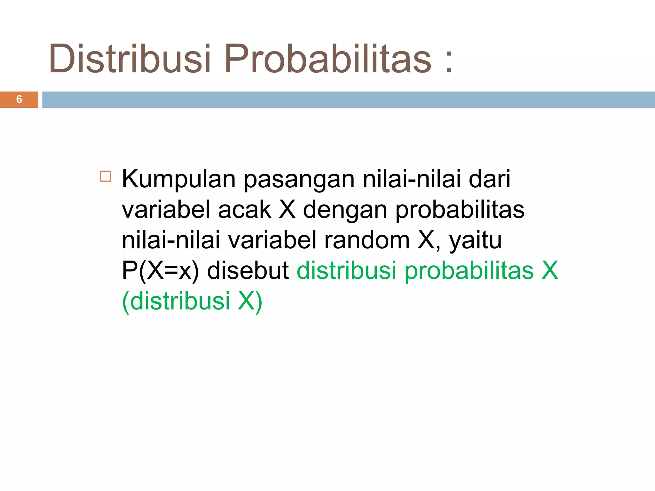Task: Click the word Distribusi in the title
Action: [130, 59]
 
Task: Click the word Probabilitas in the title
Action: [328, 59]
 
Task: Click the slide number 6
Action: [19, 99]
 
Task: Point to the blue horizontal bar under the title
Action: [349, 99]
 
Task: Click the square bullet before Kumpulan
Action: [105, 176]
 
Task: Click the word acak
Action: [245, 210]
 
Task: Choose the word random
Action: [367, 240]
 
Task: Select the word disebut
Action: [248, 270]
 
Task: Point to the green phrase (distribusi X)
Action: [192, 301]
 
